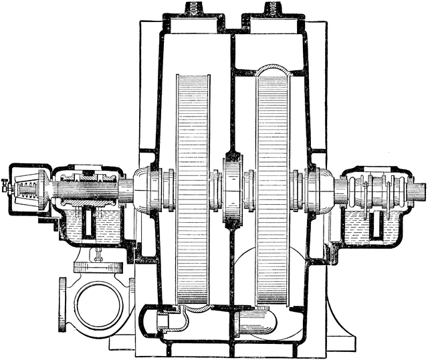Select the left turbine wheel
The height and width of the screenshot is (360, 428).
(x=193, y=187)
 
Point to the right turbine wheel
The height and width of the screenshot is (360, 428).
(x=273, y=187)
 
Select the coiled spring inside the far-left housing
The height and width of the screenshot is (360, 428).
(x=25, y=185)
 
